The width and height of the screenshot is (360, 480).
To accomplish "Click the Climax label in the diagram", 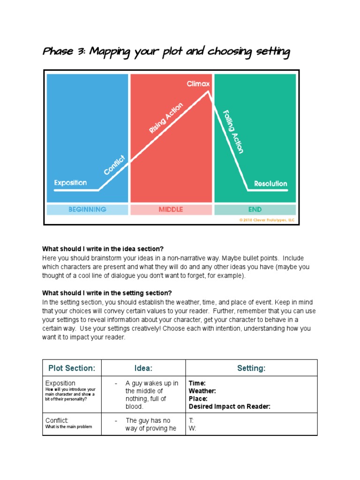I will [x=198, y=84].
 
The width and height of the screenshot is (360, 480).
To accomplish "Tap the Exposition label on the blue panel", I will [x=70, y=182].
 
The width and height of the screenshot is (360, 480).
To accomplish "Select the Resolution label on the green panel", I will [x=270, y=184].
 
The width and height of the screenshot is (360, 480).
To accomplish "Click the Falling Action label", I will [x=233, y=132].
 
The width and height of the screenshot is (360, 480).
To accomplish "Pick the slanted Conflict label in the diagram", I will [x=115, y=165].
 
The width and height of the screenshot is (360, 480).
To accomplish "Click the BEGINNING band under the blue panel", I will [x=87, y=210].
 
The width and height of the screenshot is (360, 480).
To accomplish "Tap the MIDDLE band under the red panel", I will [x=171, y=210].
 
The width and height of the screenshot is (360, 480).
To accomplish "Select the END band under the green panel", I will [x=255, y=210].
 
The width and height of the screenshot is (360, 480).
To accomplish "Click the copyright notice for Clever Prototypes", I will [x=267, y=220].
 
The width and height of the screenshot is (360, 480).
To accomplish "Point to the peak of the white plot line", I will [x=208, y=91].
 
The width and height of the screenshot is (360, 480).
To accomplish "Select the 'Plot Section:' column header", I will [x=72, y=368].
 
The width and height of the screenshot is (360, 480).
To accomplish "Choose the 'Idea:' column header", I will [x=143, y=368].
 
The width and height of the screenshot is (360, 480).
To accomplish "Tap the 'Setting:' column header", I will [x=251, y=368].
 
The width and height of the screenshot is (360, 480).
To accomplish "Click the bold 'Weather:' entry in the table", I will [x=202, y=391].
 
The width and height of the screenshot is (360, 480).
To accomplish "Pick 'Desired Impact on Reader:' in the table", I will [x=229, y=406].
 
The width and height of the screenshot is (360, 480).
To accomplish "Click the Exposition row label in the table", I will [x=60, y=383].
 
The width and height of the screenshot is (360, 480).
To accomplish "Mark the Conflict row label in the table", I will [x=57, y=420].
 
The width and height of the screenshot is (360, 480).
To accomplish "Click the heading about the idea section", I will [x=103, y=248].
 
